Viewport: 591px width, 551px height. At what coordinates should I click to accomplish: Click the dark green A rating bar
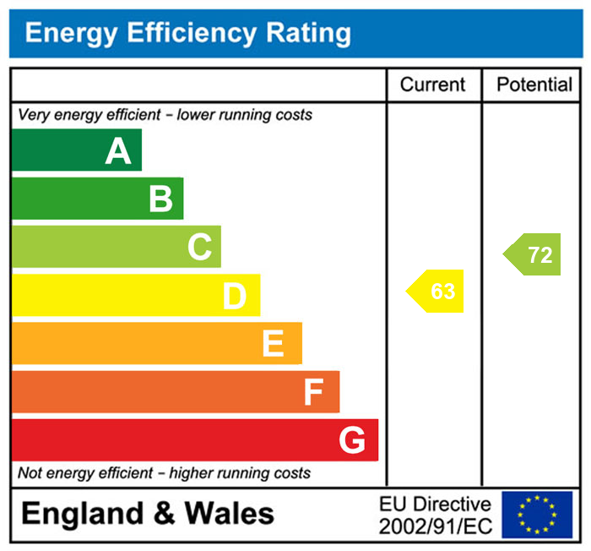coord(76,150)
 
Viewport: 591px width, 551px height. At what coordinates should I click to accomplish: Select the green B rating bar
coord(97,199)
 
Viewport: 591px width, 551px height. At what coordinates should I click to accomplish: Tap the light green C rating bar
coord(116,247)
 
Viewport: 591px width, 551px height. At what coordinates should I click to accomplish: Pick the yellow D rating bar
coord(135,295)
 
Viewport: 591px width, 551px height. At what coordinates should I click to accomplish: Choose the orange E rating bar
coord(156,343)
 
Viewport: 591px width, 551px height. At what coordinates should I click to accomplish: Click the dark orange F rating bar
coord(175,391)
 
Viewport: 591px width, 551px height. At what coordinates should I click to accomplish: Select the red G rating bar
coord(194,439)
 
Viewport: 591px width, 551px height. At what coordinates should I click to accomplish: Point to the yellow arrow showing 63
coord(436,292)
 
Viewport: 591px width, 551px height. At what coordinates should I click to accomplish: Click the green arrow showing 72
coord(534,254)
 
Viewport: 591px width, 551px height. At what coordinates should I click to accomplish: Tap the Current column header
coord(432,85)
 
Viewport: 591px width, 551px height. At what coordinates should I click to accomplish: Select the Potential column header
coord(534,85)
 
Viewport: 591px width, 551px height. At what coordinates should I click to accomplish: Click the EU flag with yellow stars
coord(537,515)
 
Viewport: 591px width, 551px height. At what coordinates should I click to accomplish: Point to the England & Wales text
coord(148,514)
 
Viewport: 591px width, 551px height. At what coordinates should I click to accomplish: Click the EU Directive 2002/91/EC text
coord(435,515)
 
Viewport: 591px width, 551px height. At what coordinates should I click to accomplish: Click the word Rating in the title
coord(308,34)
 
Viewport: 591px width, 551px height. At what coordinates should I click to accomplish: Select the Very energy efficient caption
coord(165,114)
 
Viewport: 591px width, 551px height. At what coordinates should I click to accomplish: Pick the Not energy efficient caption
coord(164,473)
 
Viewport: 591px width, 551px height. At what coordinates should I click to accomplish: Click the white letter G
coord(352,439)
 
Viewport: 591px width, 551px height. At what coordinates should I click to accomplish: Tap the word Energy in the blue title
coord(72,34)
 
